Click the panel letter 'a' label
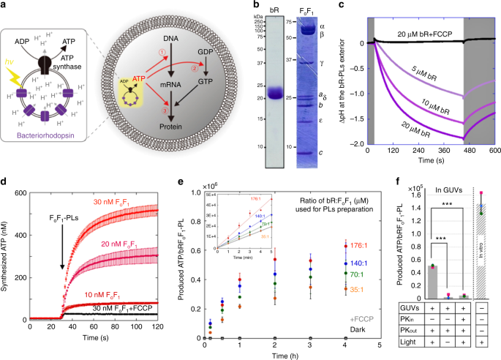4,6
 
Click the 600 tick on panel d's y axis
16,192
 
